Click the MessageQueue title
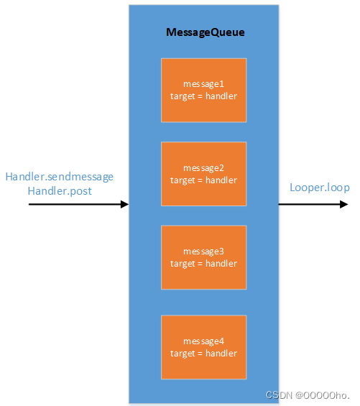click(203, 32)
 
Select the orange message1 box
click(203, 90)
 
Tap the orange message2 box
click(203, 174)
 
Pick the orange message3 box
click(203, 257)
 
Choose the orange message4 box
click(203, 346)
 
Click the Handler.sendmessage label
click(60, 177)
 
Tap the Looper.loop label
click(319, 188)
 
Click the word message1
click(203, 84)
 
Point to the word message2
click(203, 168)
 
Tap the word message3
click(203, 252)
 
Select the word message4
click(203, 341)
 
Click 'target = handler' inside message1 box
click(203, 96)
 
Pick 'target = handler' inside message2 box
click(203, 180)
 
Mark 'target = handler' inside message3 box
click(203, 264)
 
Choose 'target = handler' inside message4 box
click(203, 353)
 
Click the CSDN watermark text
click(307, 395)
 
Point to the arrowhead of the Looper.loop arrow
click(344, 205)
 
